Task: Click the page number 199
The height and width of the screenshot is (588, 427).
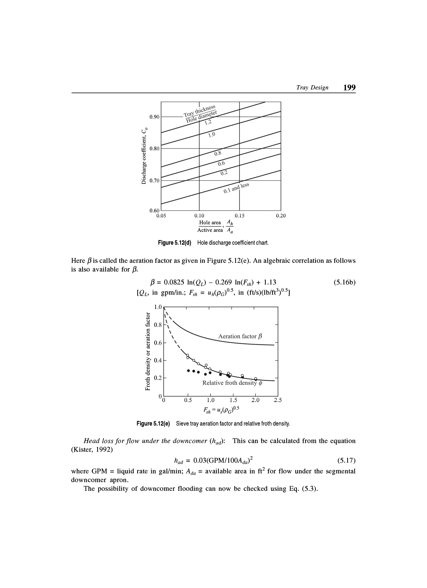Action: coord(349,88)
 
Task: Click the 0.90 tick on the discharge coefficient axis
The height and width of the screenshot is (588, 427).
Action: coord(154,117)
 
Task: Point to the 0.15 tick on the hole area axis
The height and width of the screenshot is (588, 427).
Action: coord(239,216)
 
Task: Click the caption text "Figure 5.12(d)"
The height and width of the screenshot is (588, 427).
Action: coord(175,243)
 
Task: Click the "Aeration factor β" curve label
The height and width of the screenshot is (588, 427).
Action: coord(240,336)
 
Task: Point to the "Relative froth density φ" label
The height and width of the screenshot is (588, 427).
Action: coord(232,383)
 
